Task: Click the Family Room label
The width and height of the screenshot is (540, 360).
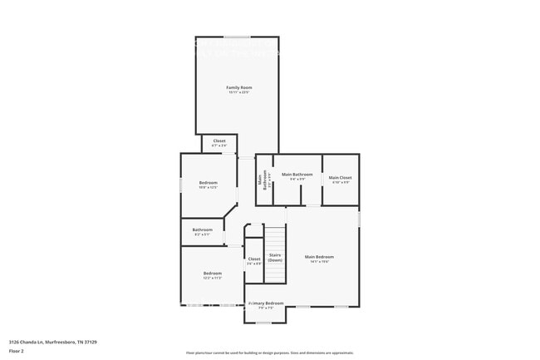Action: (x=239, y=87)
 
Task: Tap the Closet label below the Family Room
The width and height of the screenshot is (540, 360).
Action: (x=219, y=141)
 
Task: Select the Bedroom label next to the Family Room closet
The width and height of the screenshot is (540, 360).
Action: (x=208, y=182)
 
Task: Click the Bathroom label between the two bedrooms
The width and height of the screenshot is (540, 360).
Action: (x=203, y=229)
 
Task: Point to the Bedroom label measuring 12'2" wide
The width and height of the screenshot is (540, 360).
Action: (x=213, y=274)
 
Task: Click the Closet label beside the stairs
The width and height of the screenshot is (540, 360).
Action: (x=254, y=259)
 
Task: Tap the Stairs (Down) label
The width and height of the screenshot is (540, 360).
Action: (x=275, y=258)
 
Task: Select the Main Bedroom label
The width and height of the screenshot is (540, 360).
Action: (x=319, y=257)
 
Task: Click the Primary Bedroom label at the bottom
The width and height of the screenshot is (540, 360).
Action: (x=267, y=303)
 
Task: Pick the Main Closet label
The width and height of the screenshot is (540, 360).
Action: (x=340, y=177)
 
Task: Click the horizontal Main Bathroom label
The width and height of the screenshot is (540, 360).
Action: (x=297, y=175)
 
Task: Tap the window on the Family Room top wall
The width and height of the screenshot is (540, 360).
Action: (x=237, y=37)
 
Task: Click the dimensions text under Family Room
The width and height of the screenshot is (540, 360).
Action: (x=239, y=92)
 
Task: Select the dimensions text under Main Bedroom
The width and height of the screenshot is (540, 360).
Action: (x=319, y=262)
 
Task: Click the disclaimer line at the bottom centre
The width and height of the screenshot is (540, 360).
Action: (x=269, y=353)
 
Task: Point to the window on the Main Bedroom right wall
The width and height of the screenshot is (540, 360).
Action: (x=359, y=218)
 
